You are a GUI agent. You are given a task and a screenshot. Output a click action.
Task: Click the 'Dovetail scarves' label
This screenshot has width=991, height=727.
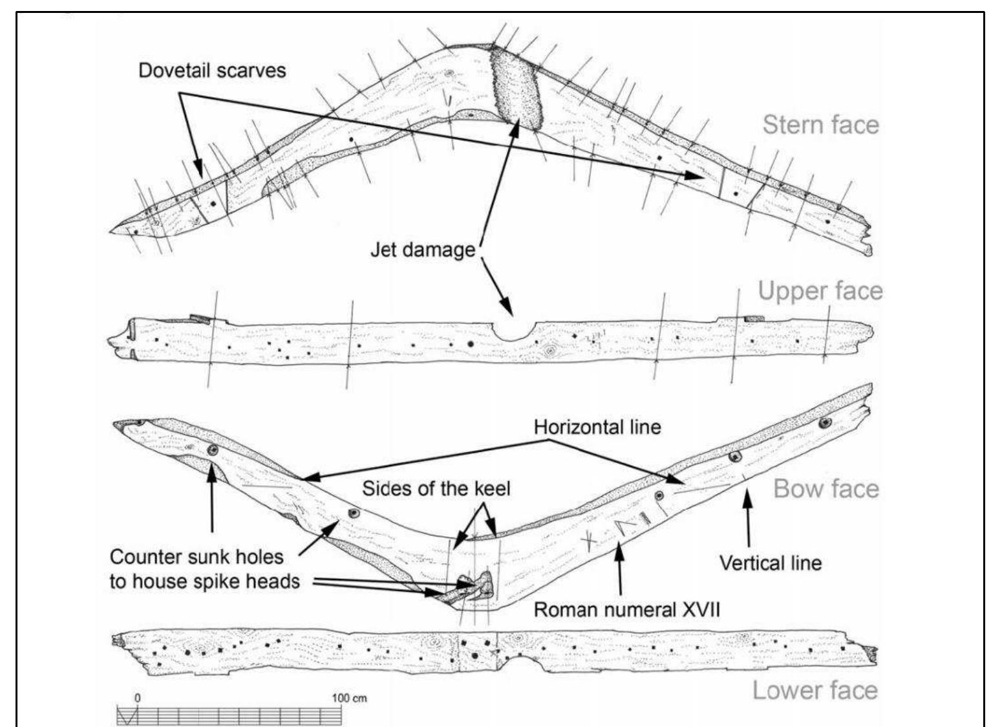(212, 70)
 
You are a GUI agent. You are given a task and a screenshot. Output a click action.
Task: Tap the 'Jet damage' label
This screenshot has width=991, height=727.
(422, 249)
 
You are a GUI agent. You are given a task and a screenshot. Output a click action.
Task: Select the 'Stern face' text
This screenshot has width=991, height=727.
(820, 124)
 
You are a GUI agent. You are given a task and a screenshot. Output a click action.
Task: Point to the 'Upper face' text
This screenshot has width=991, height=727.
(820, 291)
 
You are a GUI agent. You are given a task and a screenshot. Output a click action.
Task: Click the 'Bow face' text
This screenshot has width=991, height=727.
(826, 488)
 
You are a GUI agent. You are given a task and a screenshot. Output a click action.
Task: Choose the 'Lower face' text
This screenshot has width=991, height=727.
(815, 690)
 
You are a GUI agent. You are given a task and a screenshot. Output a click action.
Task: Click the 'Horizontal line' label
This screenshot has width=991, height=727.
(597, 427)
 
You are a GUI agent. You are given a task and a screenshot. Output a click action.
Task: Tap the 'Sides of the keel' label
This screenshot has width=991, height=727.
(436, 488)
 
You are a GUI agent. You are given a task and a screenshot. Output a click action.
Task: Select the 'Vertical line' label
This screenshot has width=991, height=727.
(771, 563)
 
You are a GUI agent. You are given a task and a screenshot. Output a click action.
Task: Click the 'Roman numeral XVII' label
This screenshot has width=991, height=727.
(626, 609)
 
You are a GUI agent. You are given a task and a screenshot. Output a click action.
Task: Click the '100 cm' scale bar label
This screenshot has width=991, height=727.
(349, 698)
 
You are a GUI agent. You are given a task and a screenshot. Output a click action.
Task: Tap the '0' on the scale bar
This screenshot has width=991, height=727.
(137, 698)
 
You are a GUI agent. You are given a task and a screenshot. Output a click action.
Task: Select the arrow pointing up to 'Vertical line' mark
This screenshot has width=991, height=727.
(749, 517)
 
